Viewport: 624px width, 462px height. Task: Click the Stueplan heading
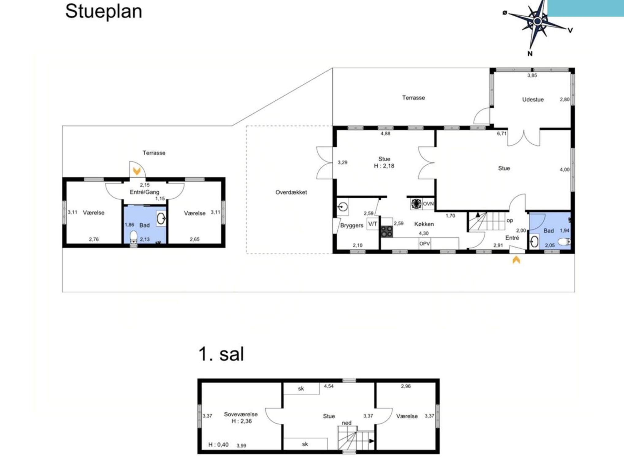[x=104, y=12]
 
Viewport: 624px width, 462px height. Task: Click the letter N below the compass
[x=530, y=54]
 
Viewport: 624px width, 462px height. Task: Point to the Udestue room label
[x=533, y=99]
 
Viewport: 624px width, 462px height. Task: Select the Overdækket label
[x=291, y=192]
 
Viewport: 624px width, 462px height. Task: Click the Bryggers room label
[x=352, y=225]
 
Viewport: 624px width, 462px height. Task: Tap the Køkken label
[x=424, y=224]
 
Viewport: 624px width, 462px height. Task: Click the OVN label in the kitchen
[x=428, y=204]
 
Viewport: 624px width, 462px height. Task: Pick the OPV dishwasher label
[x=425, y=244]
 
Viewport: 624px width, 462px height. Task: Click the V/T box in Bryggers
[x=373, y=224]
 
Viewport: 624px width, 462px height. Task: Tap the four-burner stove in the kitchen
[x=387, y=232]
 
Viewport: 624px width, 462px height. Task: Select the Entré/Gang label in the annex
[x=144, y=192]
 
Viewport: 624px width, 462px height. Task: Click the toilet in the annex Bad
[x=133, y=237]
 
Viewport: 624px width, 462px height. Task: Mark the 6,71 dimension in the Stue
[x=502, y=133]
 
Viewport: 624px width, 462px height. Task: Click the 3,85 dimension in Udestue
[x=532, y=75]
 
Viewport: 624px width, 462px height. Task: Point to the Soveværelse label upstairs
[x=241, y=414]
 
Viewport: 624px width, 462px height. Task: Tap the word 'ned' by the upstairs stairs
[x=346, y=423]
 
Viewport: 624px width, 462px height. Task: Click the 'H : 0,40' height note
[x=218, y=445]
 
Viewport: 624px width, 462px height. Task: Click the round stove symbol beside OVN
[x=416, y=204]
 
